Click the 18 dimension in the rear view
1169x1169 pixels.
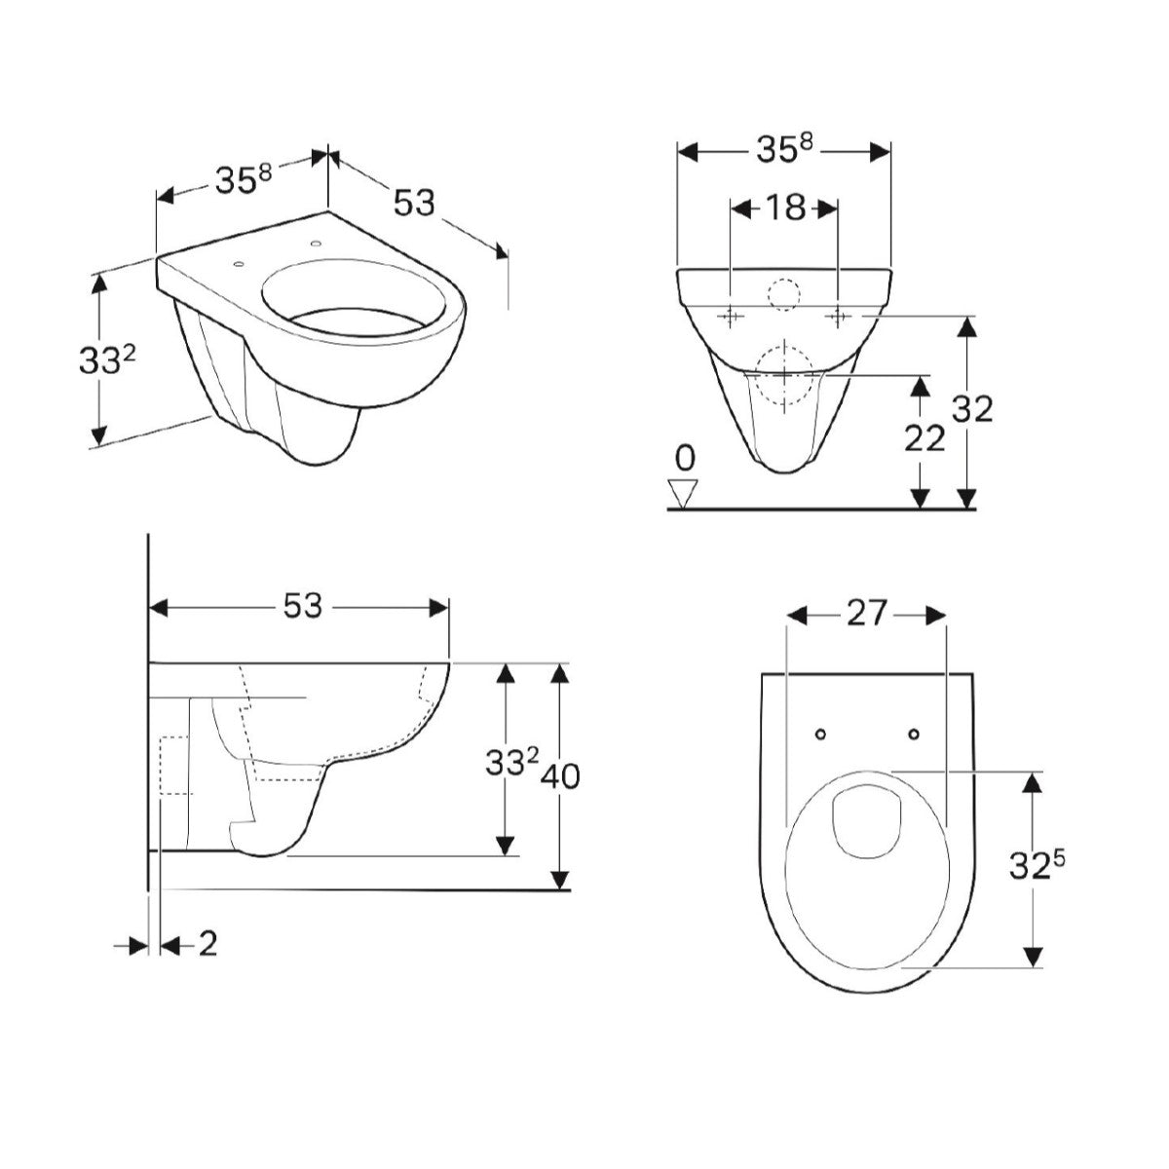[x=785, y=208]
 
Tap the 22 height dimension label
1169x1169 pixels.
[x=924, y=438]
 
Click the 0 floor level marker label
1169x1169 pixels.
[x=685, y=459]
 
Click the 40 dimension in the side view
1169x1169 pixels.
[x=560, y=776]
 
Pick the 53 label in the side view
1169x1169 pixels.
[x=303, y=606]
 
